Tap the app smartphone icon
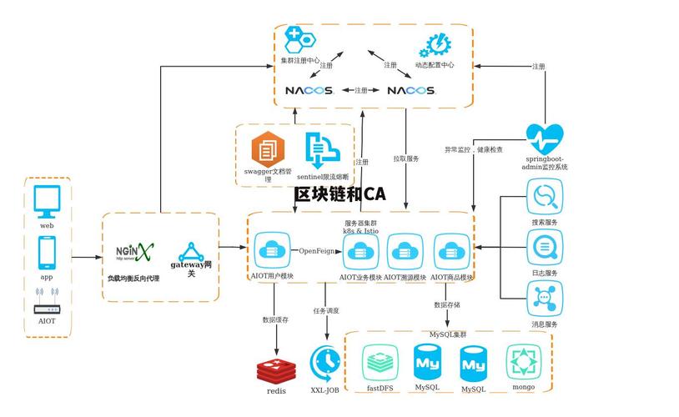[x=47, y=253]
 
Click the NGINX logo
[x=134, y=251]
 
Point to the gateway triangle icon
[x=192, y=251]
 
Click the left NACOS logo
[x=309, y=90]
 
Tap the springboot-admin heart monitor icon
[x=545, y=137]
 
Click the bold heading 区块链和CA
[x=339, y=194]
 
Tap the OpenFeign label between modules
[x=316, y=250]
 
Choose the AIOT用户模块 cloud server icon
[x=272, y=250]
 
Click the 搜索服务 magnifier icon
[x=545, y=198]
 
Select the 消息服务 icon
[x=545, y=298]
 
